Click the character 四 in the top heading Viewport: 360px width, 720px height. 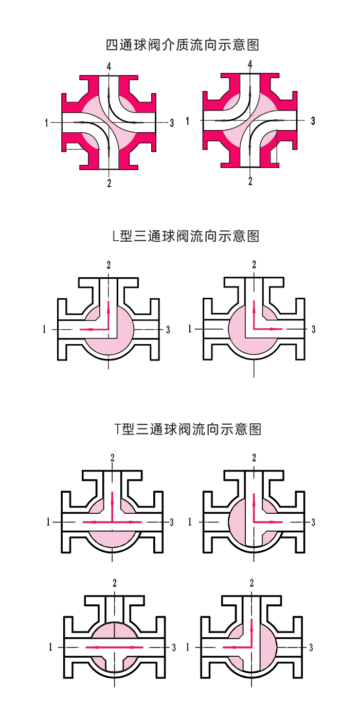pos(112,45)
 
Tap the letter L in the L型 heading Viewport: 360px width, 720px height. pos(115,237)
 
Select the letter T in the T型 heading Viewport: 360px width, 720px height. pos(118,429)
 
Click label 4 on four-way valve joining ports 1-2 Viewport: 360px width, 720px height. pos(109,66)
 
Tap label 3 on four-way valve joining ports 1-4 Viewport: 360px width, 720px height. pos(313,121)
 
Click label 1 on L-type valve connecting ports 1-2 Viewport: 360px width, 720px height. pos(44,330)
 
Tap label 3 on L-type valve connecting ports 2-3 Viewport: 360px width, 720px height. pos(313,329)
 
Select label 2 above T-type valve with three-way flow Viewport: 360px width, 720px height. pos(112,458)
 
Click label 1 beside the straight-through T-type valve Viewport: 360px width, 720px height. pos(50,647)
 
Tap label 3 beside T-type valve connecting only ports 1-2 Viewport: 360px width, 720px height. pos(311,647)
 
